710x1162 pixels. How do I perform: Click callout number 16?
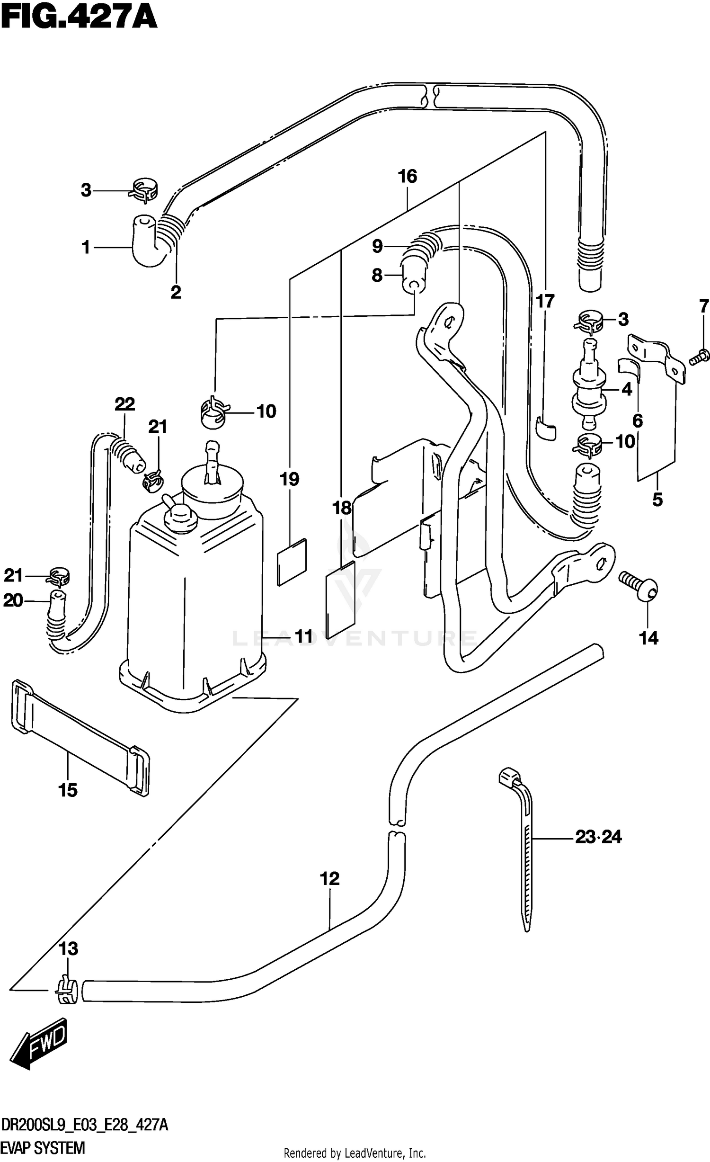(407, 177)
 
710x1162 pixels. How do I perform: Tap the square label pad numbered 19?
(292, 561)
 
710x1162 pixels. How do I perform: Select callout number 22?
(124, 404)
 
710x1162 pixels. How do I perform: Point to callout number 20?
(13, 600)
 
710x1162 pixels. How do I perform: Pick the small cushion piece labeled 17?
(546, 428)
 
